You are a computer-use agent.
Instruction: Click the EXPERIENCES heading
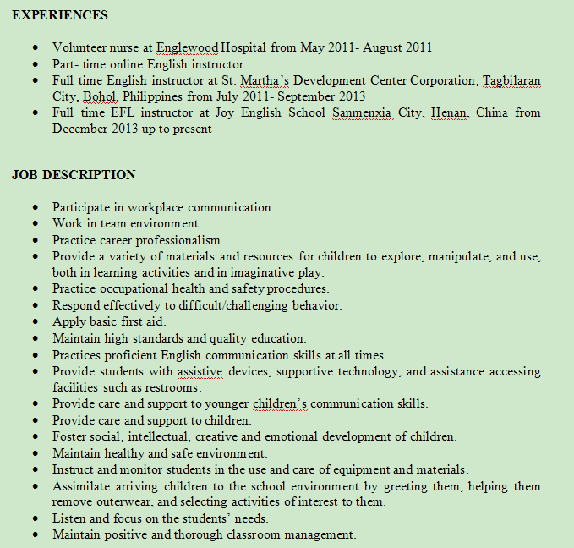coord(60,15)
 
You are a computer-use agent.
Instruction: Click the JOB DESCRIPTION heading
coord(74,175)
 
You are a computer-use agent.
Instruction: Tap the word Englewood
coord(188,48)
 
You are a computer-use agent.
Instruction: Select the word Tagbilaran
coord(511,81)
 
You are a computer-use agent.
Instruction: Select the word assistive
coord(199,371)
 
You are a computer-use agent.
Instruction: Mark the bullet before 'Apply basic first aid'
coord(33,322)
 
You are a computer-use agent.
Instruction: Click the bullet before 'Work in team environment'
coord(33,224)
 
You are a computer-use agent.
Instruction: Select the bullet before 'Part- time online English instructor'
coord(33,64)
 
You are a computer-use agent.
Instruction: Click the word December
coord(82,129)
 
